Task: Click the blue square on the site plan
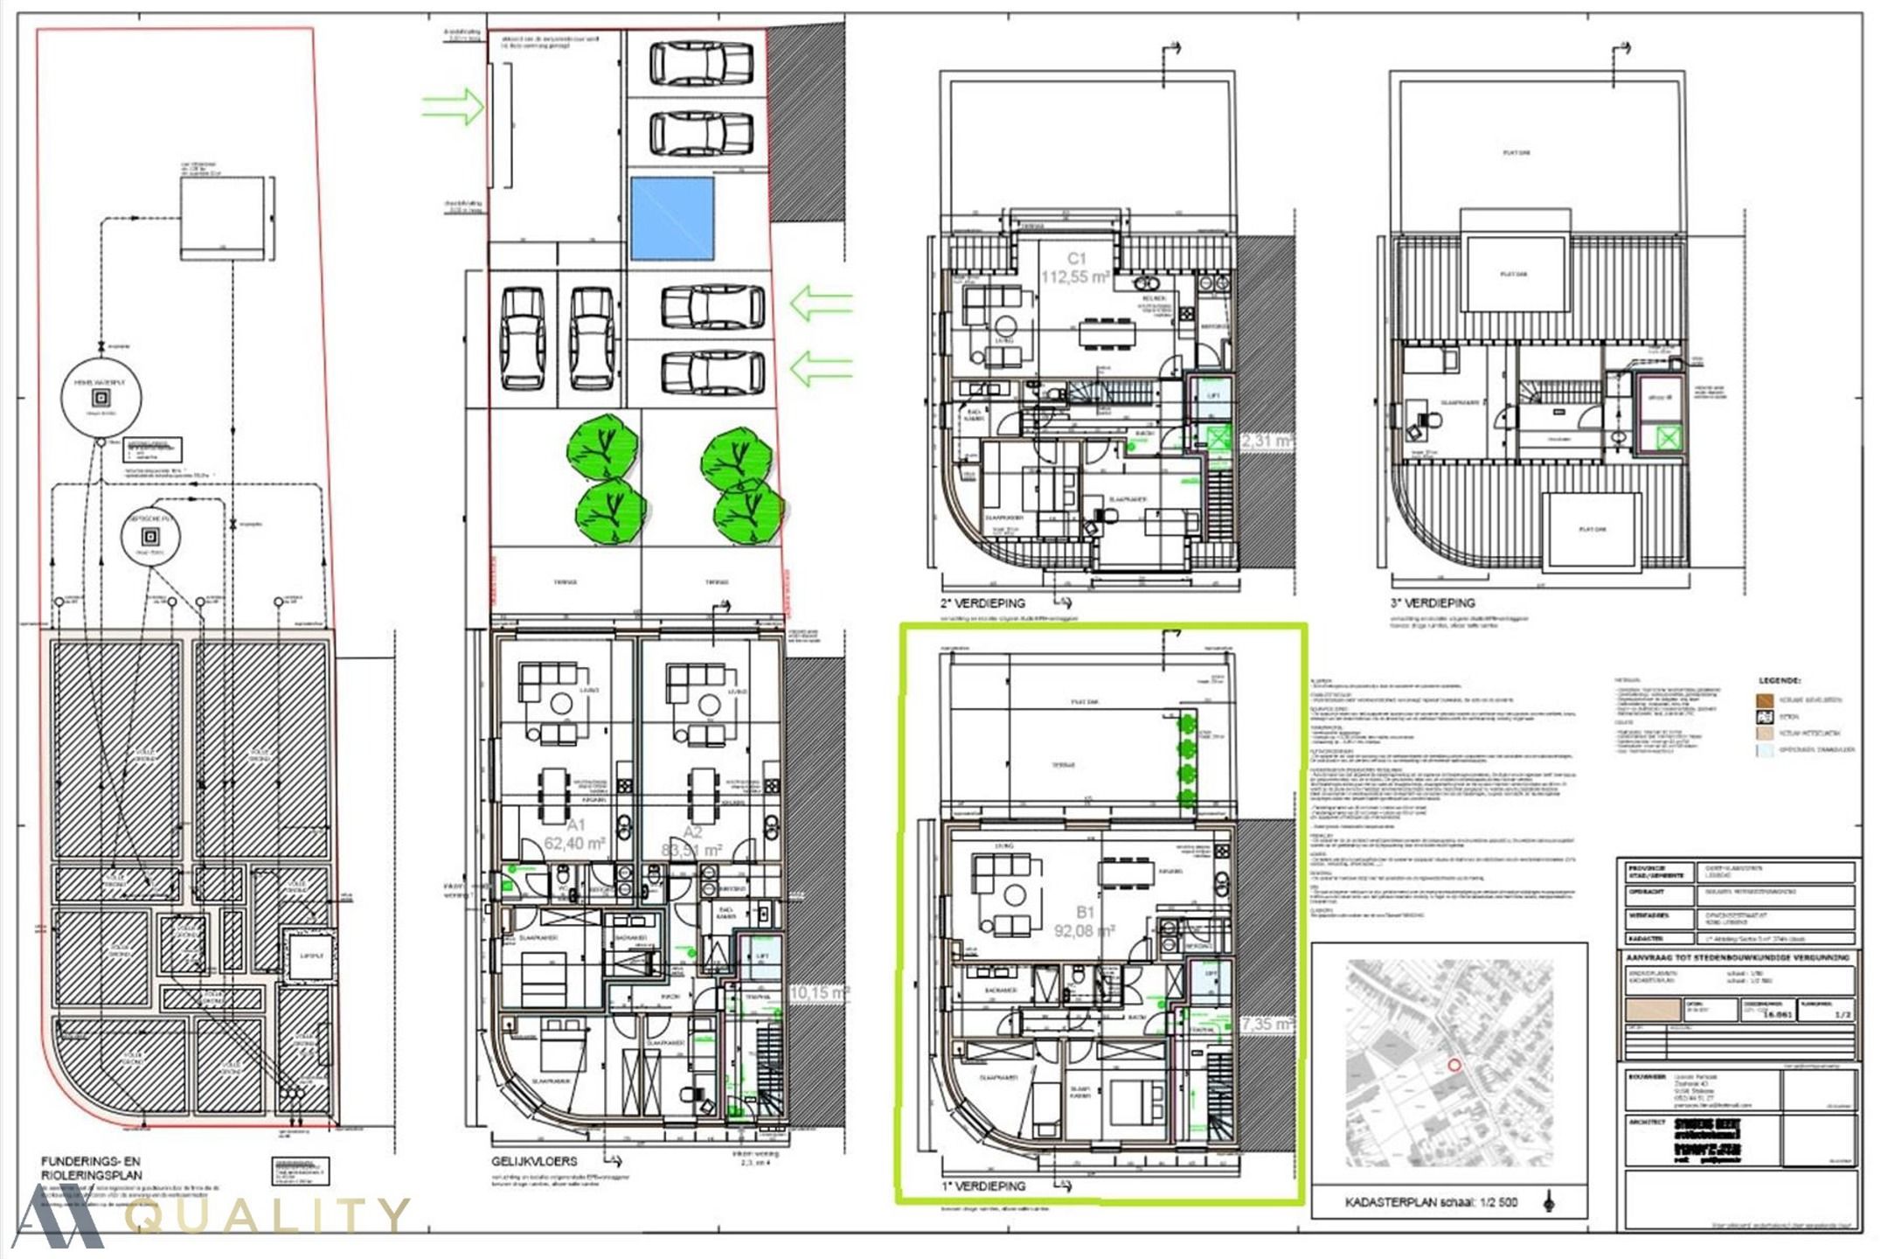tap(671, 219)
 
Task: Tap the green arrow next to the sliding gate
tap(453, 107)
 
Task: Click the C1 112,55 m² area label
tap(1075, 268)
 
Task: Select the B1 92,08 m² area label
tap(1084, 922)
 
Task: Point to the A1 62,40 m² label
tap(574, 835)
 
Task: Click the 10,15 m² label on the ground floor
tap(819, 993)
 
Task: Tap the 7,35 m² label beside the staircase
tap(1267, 1023)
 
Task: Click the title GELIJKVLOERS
tap(534, 1161)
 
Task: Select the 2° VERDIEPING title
tap(982, 603)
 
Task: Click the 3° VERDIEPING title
tap(1432, 603)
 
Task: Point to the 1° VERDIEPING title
tap(983, 1186)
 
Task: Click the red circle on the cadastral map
tap(1454, 1065)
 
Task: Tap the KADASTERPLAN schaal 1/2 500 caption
tap(1431, 1203)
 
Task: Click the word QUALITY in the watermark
tap(267, 1215)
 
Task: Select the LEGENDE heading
tap(1779, 680)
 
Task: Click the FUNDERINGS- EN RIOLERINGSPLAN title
tap(91, 1168)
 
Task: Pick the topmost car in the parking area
tap(701, 64)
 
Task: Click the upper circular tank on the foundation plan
tap(101, 397)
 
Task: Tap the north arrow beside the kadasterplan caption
tap(1549, 1202)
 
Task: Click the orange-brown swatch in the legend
tap(1765, 700)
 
